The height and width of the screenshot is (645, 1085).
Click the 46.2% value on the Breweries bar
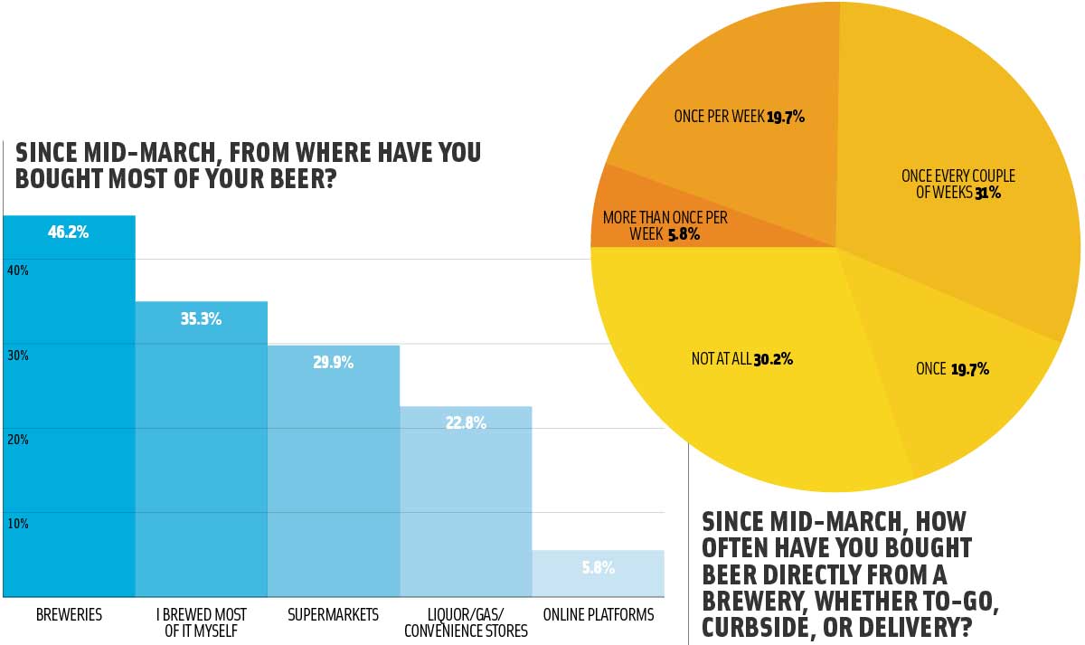pyautogui.click(x=68, y=232)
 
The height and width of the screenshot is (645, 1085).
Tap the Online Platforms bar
pyautogui.click(x=598, y=574)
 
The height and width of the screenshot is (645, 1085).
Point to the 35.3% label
pyautogui.click(x=201, y=319)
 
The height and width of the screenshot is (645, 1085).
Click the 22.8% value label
pyautogui.click(x=466, y=422)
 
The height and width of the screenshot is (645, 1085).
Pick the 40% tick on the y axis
pyautogui.click(x=19, y=270)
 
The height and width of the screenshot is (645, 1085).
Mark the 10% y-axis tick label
pyautogui.click(x=19, y=524)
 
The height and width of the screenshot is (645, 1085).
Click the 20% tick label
pyautogui.click(x=19, y=440)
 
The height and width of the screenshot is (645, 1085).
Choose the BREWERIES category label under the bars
pyautogui.click(x=69, y=615)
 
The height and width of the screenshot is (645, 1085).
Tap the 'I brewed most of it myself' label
pyautogui.click(x=201, y=622)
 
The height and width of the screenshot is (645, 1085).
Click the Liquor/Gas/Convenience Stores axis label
pyautogui.click(x=466, y=622)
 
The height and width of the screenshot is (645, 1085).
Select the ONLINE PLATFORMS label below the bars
pyautogui.click(x=598, y=615)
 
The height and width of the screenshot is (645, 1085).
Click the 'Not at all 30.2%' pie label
pyautogui.click(x=741, y=359)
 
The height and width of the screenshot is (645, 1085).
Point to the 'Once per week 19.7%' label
pyautogui.click(x=739, y=117)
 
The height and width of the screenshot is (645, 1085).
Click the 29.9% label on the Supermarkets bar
pyautogui.click(x=334, y=363)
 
